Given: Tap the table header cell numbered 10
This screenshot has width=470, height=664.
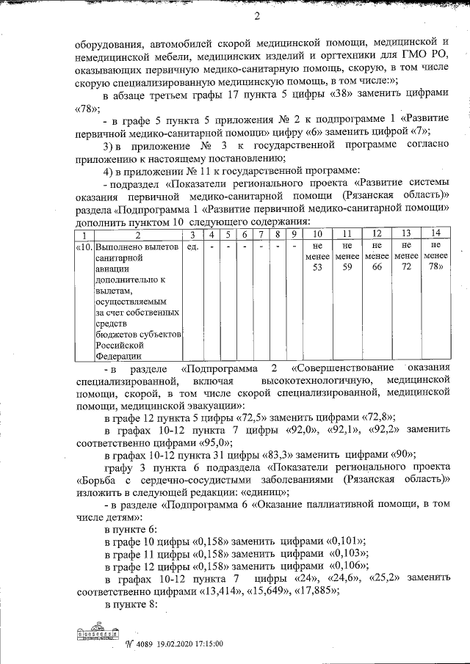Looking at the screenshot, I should tap(318, 234).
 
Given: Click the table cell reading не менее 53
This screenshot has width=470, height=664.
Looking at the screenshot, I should tap(318, 258).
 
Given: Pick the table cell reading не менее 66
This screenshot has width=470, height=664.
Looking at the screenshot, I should tap(376, 258).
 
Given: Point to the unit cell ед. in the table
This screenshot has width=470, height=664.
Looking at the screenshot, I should tap(192, 247).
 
